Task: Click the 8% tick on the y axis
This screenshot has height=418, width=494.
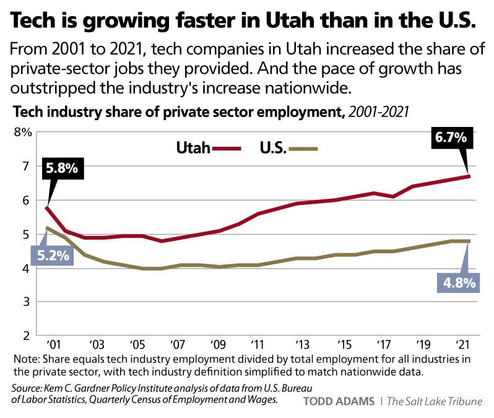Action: pos(22,132)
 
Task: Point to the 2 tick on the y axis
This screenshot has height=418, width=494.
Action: pos(27,336)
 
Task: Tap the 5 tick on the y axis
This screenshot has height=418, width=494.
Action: pos(27,234)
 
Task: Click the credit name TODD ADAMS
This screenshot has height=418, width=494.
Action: pos(338,401)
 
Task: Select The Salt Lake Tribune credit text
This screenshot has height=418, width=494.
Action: pos(434,401)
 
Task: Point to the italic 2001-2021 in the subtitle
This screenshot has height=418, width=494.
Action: pos(378,113)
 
